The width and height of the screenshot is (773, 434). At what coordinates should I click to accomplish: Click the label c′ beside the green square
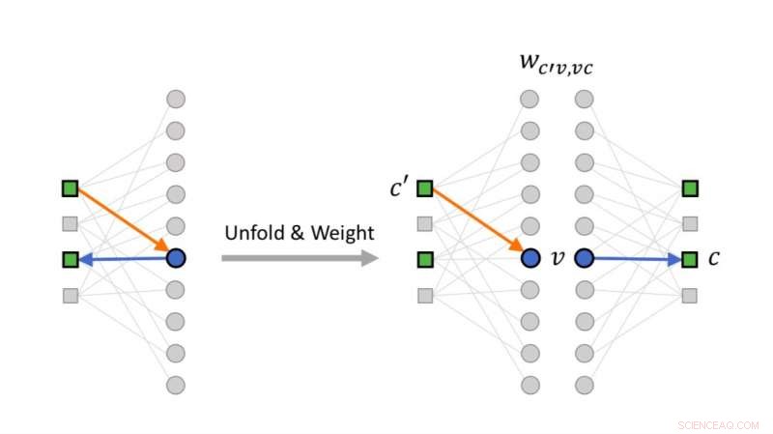tap(399, 187)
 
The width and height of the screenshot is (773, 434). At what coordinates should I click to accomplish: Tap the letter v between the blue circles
tap(557, 258)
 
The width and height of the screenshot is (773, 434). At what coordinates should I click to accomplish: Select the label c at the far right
tap(713, 258)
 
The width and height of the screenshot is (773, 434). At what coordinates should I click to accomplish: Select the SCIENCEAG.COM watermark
tap(719, 424)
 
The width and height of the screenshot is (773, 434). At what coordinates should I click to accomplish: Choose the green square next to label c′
tap(424, 188)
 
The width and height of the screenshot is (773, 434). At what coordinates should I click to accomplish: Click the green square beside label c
tap(689, 259)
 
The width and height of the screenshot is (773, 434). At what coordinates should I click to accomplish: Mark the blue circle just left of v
tap(530, 258)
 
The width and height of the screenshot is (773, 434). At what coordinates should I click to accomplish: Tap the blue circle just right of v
tap(584, 258)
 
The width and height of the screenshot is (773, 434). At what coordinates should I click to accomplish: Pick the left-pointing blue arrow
tap(123, 258)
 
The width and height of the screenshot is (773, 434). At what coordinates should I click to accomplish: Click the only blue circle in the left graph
tap(175, 258)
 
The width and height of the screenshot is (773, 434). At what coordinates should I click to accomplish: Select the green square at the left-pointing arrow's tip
tap(70, 259)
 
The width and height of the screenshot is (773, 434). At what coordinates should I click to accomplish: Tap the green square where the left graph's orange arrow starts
tap(70, 188)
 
